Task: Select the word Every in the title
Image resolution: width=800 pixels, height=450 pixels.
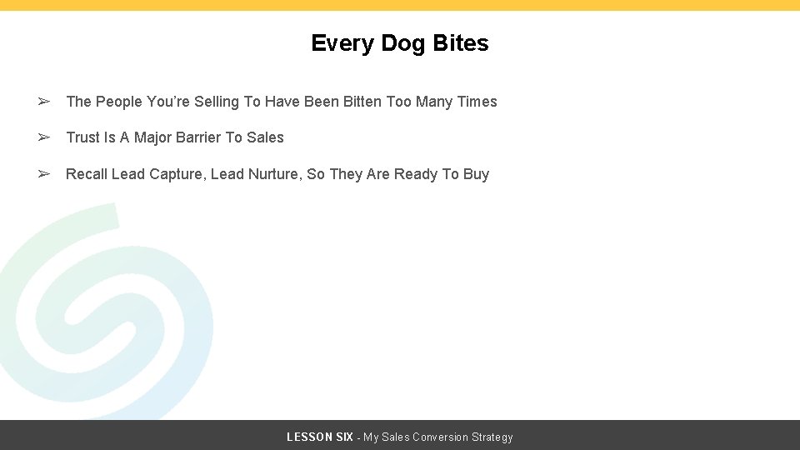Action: coord(341,43)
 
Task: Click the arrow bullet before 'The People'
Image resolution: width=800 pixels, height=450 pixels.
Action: coord(44,102)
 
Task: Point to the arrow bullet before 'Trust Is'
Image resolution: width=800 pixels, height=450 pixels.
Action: coord(44,137)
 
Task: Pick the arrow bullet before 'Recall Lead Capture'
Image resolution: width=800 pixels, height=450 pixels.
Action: coord(44,174)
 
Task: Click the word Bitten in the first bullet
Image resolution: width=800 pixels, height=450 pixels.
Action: coord(360,102)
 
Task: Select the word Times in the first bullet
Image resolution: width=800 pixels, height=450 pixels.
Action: coord(477,102)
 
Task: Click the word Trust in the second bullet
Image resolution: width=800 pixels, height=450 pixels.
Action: coord(83,137)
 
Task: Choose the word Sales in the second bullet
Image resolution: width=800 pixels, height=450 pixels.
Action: coord(265,137)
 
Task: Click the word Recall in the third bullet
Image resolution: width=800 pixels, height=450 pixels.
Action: coord(86,174)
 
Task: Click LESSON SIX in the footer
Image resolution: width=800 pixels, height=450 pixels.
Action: coord(319,437)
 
